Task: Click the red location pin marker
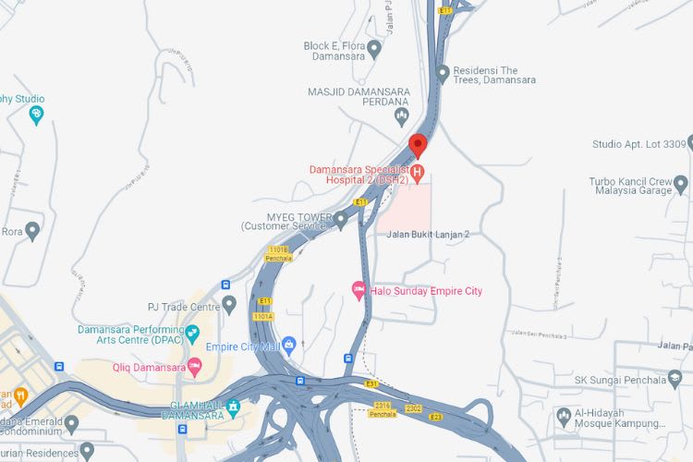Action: click(418, 145)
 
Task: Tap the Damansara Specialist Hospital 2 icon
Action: click(418, 172)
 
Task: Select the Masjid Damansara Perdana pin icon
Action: click(401, 116)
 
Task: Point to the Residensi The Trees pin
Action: click(443, 73)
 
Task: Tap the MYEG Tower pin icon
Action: click(340, 219)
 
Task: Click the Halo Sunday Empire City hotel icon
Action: click(359, 291)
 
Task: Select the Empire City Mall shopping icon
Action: click(289, 346)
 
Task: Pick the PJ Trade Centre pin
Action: click(229, 304)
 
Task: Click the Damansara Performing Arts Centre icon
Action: click(192, 333)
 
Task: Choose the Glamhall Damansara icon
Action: click(233, 406)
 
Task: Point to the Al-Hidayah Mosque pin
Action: click(565, 414)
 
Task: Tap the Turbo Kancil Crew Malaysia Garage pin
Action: click(683, 184)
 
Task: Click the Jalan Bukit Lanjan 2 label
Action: click(429, 235)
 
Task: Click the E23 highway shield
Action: click(435, 418)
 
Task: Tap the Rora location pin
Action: click(33, 230)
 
